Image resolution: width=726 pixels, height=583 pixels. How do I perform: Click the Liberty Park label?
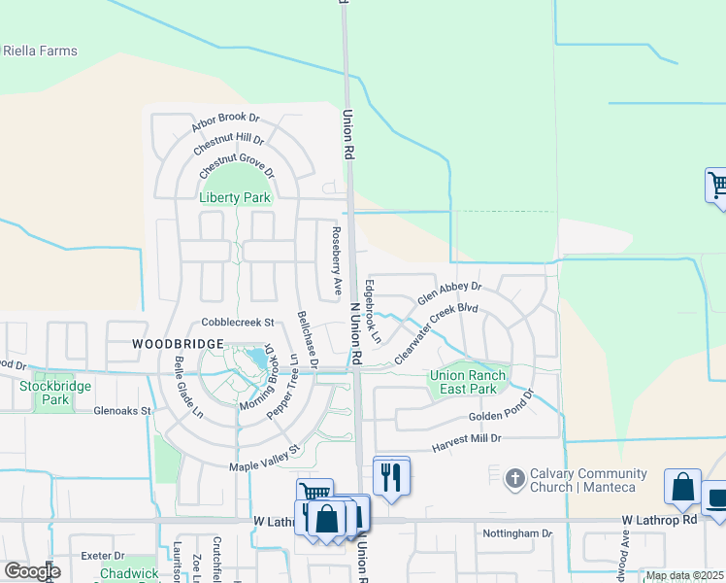[234, 197]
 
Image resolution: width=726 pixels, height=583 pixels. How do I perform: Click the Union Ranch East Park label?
[463, 383]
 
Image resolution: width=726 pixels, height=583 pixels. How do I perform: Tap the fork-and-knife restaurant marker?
[391, 477]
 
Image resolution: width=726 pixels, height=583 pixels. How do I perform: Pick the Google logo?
[32, 570]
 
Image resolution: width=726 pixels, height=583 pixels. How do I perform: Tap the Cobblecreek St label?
[239, 322]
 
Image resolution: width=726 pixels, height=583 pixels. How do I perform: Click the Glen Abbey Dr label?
[449, 293]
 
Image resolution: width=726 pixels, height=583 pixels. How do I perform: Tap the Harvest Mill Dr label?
[467, 439]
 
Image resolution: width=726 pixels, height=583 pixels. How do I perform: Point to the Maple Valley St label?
[265, 459]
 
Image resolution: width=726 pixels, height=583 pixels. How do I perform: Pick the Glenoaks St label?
[122, 411]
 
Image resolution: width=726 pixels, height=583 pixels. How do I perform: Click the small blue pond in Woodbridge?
[258, 360]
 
